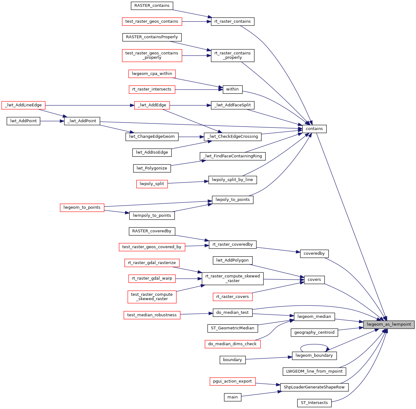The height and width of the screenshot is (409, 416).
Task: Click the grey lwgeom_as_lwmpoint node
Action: click(x=389, y=324)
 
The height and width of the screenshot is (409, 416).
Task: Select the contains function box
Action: click(x=314, y=129)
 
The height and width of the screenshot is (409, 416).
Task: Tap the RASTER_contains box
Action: click(x=152, y=6)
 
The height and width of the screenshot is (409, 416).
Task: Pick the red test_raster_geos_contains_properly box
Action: click(x=152, y=55)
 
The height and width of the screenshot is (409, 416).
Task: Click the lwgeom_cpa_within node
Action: click(x=152, y=74)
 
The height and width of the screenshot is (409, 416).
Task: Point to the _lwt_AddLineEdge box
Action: click(x=23, y=105)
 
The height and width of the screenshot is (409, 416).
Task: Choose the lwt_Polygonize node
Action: click(x=152, y=168)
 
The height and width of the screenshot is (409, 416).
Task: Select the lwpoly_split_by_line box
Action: click(x=232, y=180)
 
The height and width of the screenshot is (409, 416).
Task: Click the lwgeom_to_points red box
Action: click(x=82, y=207)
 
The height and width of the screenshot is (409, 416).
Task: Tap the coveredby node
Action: click(x=314, y=253)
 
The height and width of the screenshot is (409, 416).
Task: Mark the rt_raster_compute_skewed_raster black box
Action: click(x=232, y=278)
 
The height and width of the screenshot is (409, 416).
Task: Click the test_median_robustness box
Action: click(x=152, y=315)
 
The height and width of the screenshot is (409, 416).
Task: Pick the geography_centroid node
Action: click(x=314, y=332)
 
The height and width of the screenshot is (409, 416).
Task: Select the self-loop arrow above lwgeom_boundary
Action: click(x=314, y=345)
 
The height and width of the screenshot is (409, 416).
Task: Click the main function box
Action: click(x=232, y=397)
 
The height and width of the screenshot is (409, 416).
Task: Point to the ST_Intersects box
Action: click(x=314, y=403)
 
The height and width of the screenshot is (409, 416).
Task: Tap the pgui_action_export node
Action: click(x=232, y=381)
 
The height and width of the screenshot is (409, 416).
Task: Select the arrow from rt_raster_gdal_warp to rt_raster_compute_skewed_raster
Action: click(x=189, y=279)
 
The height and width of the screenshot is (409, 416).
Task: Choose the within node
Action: click(x=232, y=89)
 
